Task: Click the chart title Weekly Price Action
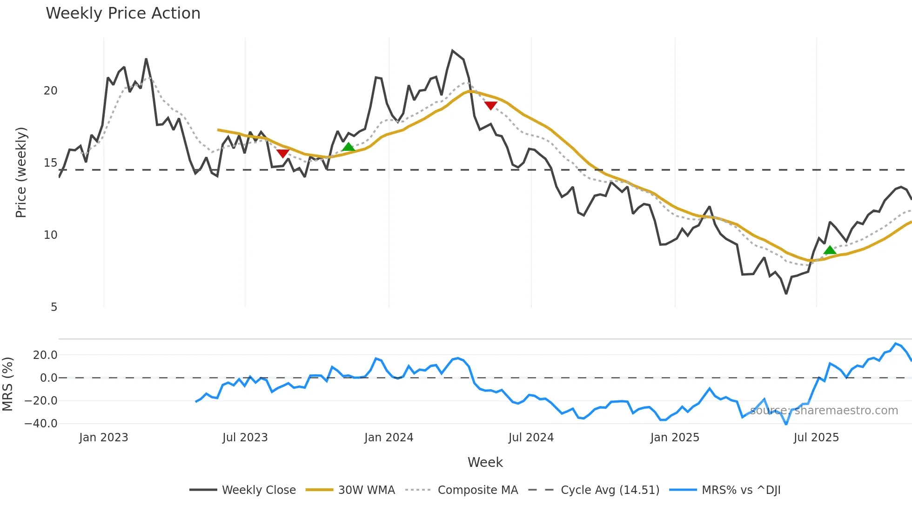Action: tap(123, 13)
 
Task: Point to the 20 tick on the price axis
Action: tap(50, 91)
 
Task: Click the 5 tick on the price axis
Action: tap(54, 307)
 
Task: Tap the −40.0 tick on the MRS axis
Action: tap(41, 424)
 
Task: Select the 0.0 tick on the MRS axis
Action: tap(48, 378)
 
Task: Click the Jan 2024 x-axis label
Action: tap(389, 438)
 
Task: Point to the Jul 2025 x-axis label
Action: tap(816, 438)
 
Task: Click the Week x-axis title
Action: tap(485, 462)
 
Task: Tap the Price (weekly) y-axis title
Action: tap(21, 172)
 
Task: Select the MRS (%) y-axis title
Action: tap(7, 384)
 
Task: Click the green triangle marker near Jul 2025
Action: tap(830, 250)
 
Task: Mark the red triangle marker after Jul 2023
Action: tap(283, 154)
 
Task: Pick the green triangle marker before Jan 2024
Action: tap(348, 147)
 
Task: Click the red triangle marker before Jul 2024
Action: tap(490, 106)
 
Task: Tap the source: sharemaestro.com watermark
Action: tap(824, 411)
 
